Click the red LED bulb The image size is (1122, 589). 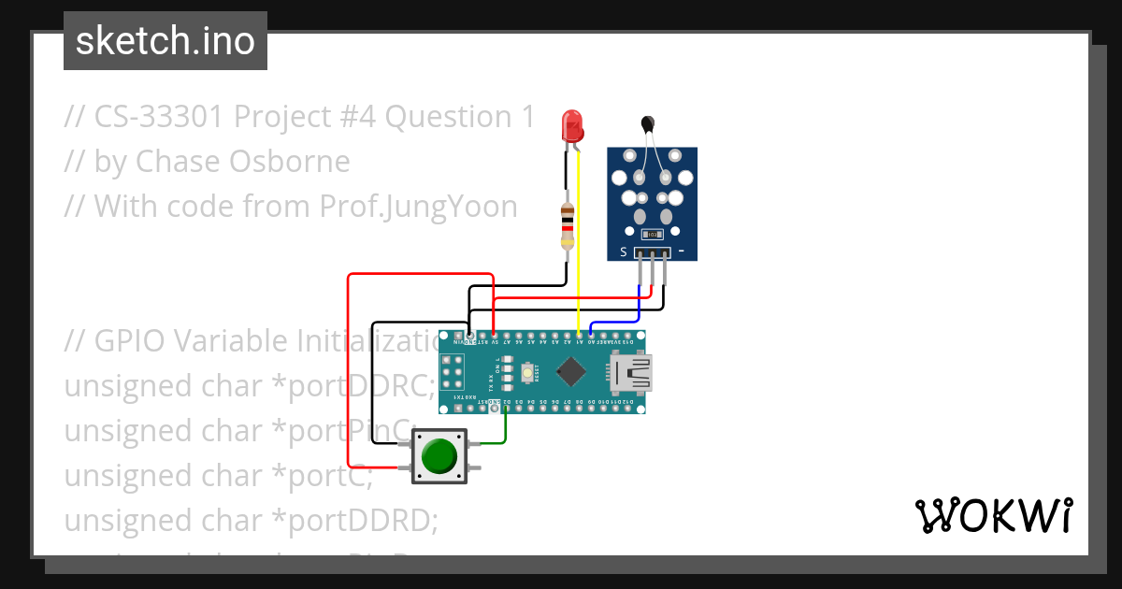[x=571, y=126]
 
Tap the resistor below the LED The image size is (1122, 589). [x=567, y=224]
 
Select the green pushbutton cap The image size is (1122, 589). [x=439, y=455]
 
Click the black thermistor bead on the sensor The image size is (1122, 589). [x=646, y=122]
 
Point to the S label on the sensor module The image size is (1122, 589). [x=624, y=251]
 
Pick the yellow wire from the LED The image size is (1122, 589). [x=579, y=243]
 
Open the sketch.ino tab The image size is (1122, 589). [x=165, y=41]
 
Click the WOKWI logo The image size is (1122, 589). [x=993, y=515]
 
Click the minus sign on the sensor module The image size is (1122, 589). [x=682, y=251]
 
